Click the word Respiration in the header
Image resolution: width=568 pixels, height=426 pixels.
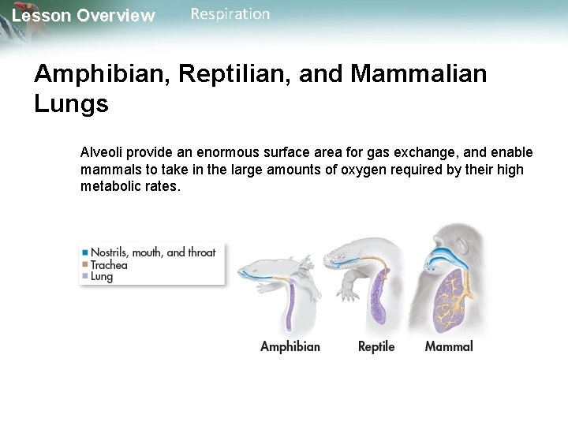coord(230,14)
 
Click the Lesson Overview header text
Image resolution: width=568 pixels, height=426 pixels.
coord(84,16)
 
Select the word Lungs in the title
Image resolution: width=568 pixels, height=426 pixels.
coord(71,104)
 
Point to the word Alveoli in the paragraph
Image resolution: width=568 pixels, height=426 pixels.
coord(103,152)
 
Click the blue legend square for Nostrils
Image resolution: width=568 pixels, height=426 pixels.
coord(84,252)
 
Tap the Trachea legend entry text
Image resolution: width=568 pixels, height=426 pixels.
coord(109,265)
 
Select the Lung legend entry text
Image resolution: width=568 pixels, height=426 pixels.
coord(102,277)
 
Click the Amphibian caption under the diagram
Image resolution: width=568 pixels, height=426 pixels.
coord(290,346)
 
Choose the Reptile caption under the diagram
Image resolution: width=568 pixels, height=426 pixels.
coord(376,346)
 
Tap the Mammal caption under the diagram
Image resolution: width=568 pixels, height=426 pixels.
coord(449,346)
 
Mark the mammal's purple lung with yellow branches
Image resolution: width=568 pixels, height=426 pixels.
coord(447,300)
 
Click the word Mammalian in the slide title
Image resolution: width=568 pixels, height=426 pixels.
coord(420,75)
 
